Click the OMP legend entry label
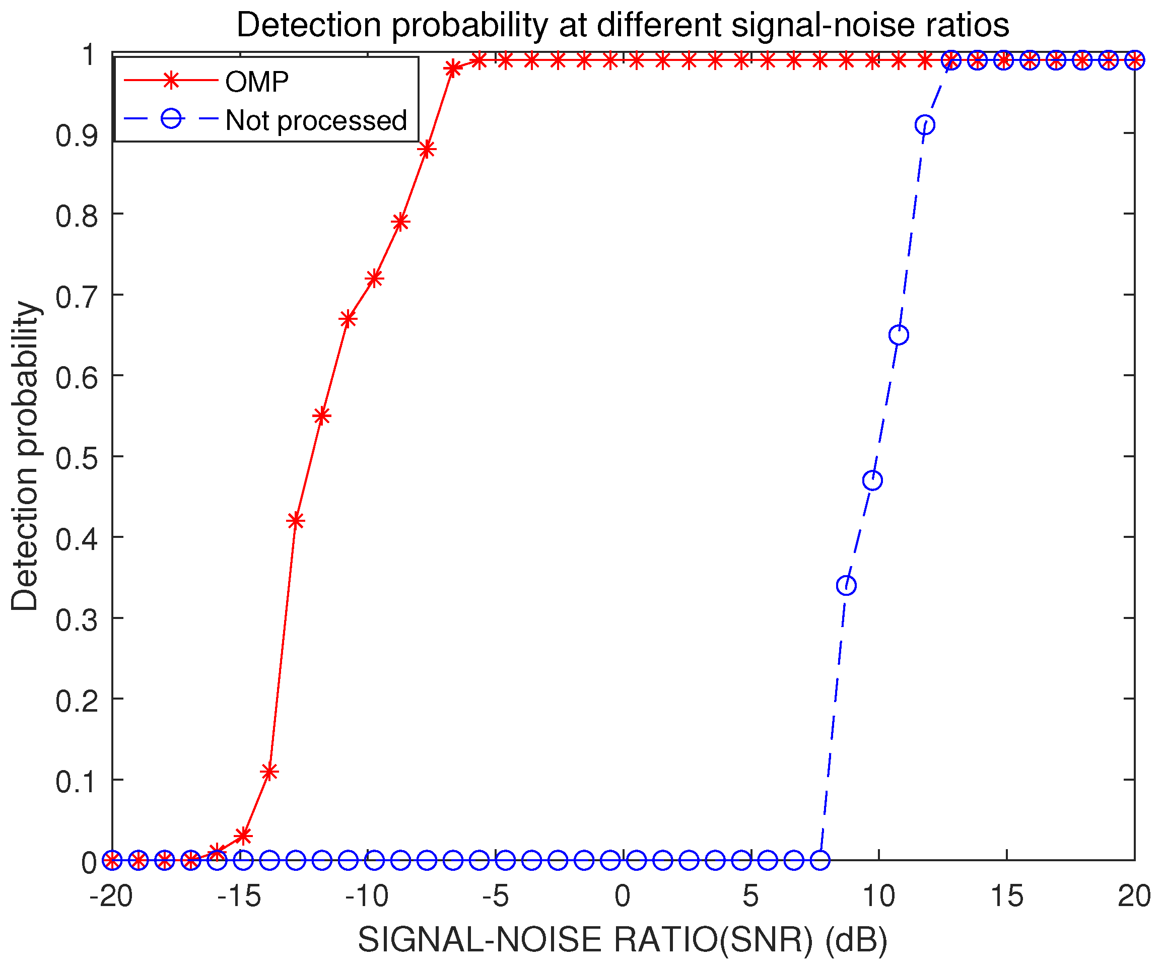tap(256, 82)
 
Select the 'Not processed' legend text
tap(316, 120)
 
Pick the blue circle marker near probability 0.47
tap(873, 481)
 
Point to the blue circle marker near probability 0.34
tap(846, 585)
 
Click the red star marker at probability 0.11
tap(269, 772)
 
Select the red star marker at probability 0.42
tap(296, 521)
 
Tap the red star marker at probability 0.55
tap(322, 416)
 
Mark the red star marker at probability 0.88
tap(427, 150)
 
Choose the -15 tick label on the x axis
tap(239, 895)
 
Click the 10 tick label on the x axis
tap(879, 895)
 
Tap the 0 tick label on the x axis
tap(623, 895)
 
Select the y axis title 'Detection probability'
tap(25, 456)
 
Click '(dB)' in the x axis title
tap(856, 940)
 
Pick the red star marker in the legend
tap(172, 81)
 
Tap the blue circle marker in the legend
tap(172, 118)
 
